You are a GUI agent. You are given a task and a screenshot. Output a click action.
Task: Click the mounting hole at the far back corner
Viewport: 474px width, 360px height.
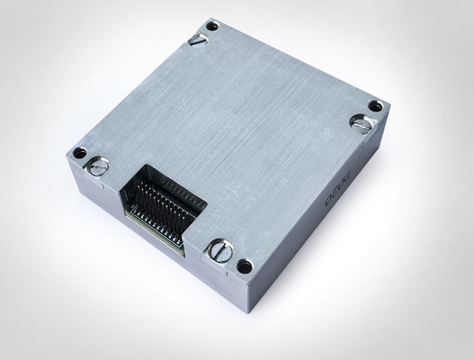click(x=212, y=25)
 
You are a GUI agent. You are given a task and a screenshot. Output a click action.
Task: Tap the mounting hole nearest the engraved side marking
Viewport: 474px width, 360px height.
click(x=375, y=106)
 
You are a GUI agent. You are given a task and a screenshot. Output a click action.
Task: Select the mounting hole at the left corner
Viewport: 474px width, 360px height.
click(x=79, y=153)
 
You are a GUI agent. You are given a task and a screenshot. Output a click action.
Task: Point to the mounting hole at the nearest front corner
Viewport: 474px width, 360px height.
click(x=244, y=266)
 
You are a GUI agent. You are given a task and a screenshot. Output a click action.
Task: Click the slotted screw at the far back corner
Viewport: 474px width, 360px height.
click(x=198, y=39)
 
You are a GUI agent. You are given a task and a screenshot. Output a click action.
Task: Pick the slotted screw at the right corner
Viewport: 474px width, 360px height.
click(x=361, y=123)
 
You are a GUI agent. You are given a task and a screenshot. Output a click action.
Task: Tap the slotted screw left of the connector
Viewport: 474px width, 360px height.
click(x=98, y=166)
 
